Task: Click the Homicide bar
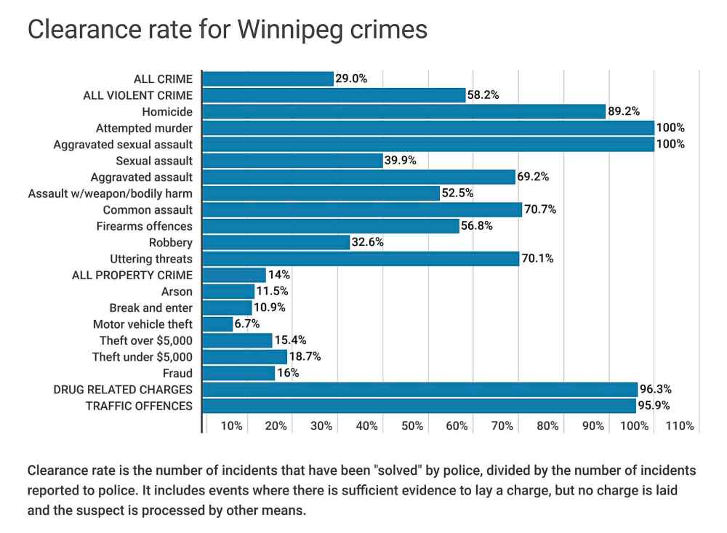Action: pyautogui.click(x=404, y=111)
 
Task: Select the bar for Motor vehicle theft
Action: pyautogui.click(x=217, y=324)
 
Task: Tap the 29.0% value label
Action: pyautogui.click(x=351, y=79)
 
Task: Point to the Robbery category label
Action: pyautogui.click(x=171, y=243)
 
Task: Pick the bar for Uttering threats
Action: pyautogui.click(x=361, y=259)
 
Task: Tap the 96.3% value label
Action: pyautogui.click(x=655, y=389)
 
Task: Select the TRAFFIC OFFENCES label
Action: pyautogui.click(x=140, y=406)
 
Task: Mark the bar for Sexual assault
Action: pyautogui.click(x=293, y=161)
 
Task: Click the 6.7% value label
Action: pyautogui.click(x=247, y=324)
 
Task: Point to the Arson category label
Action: pyautogui.click(x=177, y=292)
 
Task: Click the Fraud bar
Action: pyautogui.click(x=238, y=373)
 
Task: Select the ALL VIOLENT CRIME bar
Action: pyautogui.click(x=334, y=95)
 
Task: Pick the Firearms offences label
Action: pyautogui.click(x=144, y=226)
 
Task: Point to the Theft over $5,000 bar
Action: pyautogui.click(x=237, y=340)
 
